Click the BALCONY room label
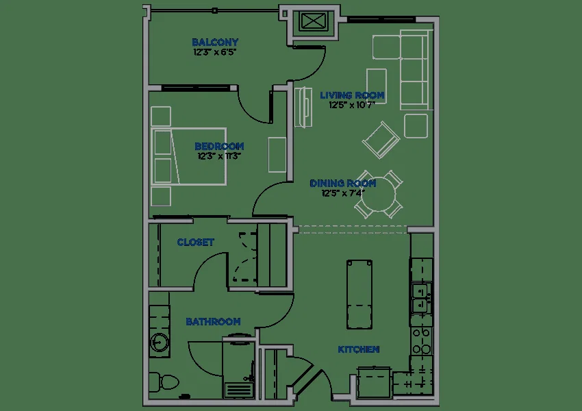coord(215,42)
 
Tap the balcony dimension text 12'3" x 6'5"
coord(214,52)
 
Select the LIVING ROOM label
coord(352,95)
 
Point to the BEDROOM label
coord(219,147)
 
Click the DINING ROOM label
coord(342,184)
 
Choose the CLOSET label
coord(195,242)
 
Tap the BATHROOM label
coord(213,321)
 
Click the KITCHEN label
coord(359,349)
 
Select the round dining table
coord(379,195)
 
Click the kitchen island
coord(359,295)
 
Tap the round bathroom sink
coord(160,342)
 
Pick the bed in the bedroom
coord(188,156)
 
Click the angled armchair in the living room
coord(381,140)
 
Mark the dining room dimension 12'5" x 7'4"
coord(343,193)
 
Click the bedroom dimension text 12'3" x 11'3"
coord(219,156)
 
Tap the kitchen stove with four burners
coord(422,341)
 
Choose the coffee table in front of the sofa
coord(377,86)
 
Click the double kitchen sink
coord(421,299)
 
